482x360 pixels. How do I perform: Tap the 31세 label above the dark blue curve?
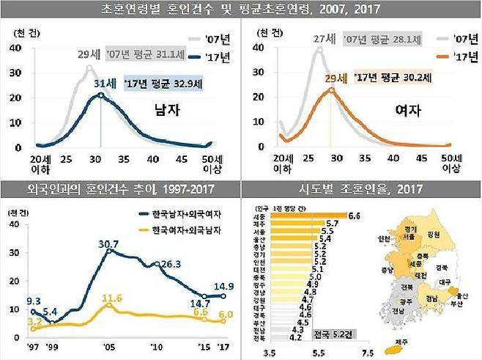coord(103,85)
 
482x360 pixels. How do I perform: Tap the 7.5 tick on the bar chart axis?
coord(366,352)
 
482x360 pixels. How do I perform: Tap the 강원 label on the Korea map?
coord(432,234)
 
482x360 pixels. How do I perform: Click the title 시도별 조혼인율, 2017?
coord(361,189)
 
